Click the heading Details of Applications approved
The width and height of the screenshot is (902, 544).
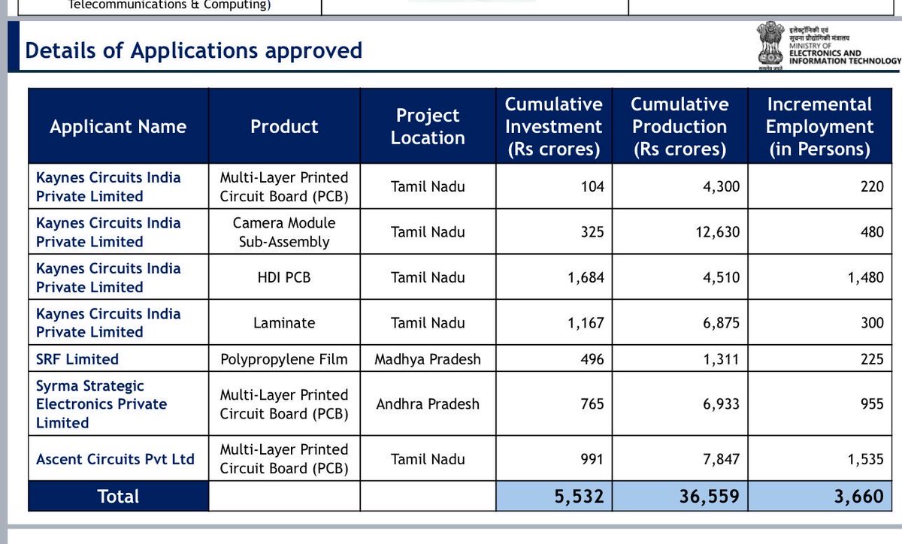tap(193, 50)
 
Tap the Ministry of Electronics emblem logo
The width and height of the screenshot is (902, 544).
tap(767, 47)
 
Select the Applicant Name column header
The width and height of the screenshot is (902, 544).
tap(118, 126)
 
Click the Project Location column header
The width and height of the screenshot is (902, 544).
tap(428, 126)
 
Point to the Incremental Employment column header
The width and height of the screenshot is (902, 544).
tap(819, 126)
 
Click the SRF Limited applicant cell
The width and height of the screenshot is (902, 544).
tap(77, 359)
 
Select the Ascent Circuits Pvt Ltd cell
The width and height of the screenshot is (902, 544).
tap(115, 459)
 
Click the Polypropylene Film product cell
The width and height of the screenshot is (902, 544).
tap(283, 359)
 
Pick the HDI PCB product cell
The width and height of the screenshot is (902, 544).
tap(283, 277)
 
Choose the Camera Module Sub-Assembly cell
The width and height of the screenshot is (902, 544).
tap(283, 232)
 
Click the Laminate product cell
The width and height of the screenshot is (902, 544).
tap(283, 323)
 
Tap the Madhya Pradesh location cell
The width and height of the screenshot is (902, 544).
tap(428, 359)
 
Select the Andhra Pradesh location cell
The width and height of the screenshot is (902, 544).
tap(428, 404)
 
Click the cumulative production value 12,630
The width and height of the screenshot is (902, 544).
tap(713, 232)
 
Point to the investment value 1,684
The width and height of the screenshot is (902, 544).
tap(586, 277)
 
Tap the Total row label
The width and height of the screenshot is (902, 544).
tap(118, 497)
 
